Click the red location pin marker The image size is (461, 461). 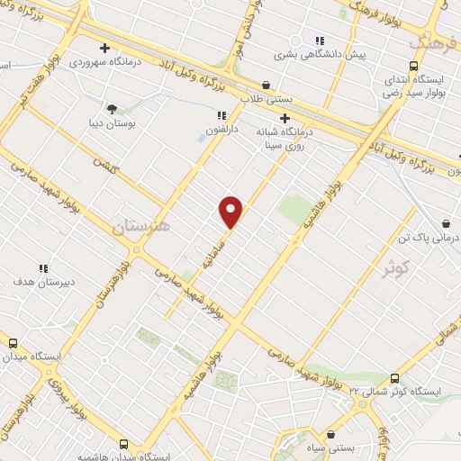click(231, 212)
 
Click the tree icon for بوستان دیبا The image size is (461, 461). click(112, 109)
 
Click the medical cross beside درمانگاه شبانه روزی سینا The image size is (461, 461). click(285, 117)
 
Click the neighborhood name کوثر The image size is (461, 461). click(394, 267)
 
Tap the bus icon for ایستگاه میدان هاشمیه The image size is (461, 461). click(123, 444)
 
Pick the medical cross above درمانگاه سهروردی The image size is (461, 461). click(105, 48)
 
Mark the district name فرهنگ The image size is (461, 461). click(428, 41)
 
